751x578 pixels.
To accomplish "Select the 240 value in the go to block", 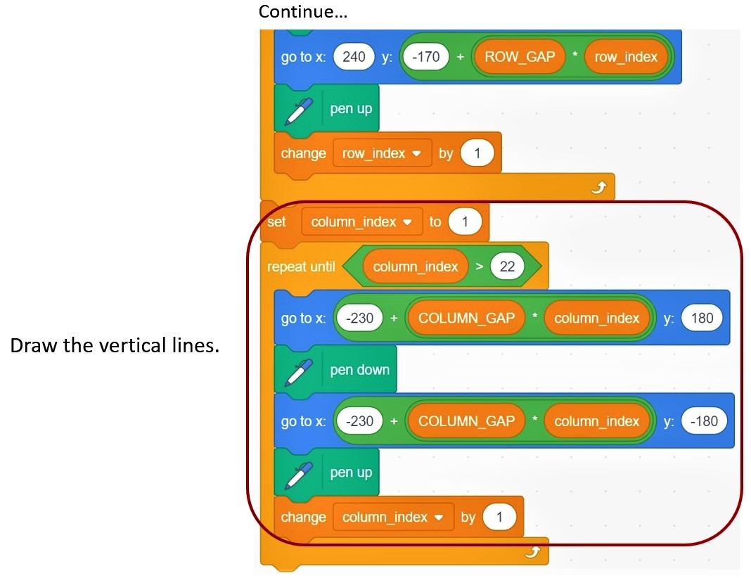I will tap(354, 57).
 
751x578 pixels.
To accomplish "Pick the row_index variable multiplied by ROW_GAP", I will tap(625, 57).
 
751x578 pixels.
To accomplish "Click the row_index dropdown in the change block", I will tap(382, 153).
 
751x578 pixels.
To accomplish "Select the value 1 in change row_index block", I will tap(477, 153).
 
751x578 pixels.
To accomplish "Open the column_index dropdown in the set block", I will tap(361, 221).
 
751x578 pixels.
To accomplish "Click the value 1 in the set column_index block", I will tap(464, 221).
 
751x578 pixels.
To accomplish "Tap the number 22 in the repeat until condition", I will tap(506, 266).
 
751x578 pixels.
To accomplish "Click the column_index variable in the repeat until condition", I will tap(415, 266).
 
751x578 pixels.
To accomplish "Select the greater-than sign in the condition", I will tap(478, 266).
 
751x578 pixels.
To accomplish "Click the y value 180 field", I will tap(702, 319).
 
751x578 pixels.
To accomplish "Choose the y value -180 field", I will tap(704, 421).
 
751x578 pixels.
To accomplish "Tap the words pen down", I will tap(359, 370).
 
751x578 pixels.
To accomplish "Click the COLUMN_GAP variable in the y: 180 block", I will tap(466, 319).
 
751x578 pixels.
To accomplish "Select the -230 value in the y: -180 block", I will tap(360, 421).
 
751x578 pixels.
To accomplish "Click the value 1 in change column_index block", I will tap(499, 518).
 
